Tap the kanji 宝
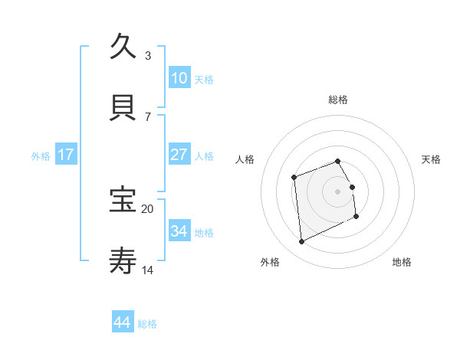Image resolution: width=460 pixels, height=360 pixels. pos(123,200)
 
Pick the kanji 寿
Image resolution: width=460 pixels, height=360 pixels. pos(123,260)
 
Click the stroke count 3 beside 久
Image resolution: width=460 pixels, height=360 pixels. pos(148,56)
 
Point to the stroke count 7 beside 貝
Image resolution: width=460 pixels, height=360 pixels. pos(148,116)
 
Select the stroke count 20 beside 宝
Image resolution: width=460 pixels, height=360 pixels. pos(148,208)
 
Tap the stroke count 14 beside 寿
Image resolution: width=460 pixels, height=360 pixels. pos(148,270)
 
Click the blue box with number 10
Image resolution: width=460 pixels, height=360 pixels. pos(179,78)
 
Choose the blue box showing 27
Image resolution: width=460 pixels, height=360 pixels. pos(179,155)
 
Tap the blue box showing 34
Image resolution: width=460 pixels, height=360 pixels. pos(179,231)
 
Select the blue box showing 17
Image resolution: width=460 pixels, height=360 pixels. pos(66,155)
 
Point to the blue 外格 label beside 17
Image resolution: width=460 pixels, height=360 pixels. pos(41,156)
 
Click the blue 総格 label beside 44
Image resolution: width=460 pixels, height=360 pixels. pos(147,324)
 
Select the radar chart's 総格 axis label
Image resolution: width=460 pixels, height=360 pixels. pos(338,100)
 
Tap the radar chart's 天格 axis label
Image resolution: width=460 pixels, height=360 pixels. pos(432,159)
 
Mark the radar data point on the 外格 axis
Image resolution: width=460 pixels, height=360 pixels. pos(301,242)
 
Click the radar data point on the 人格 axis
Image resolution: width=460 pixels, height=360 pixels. pos(294,178)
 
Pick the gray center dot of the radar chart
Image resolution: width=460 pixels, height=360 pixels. pos(338,191)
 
